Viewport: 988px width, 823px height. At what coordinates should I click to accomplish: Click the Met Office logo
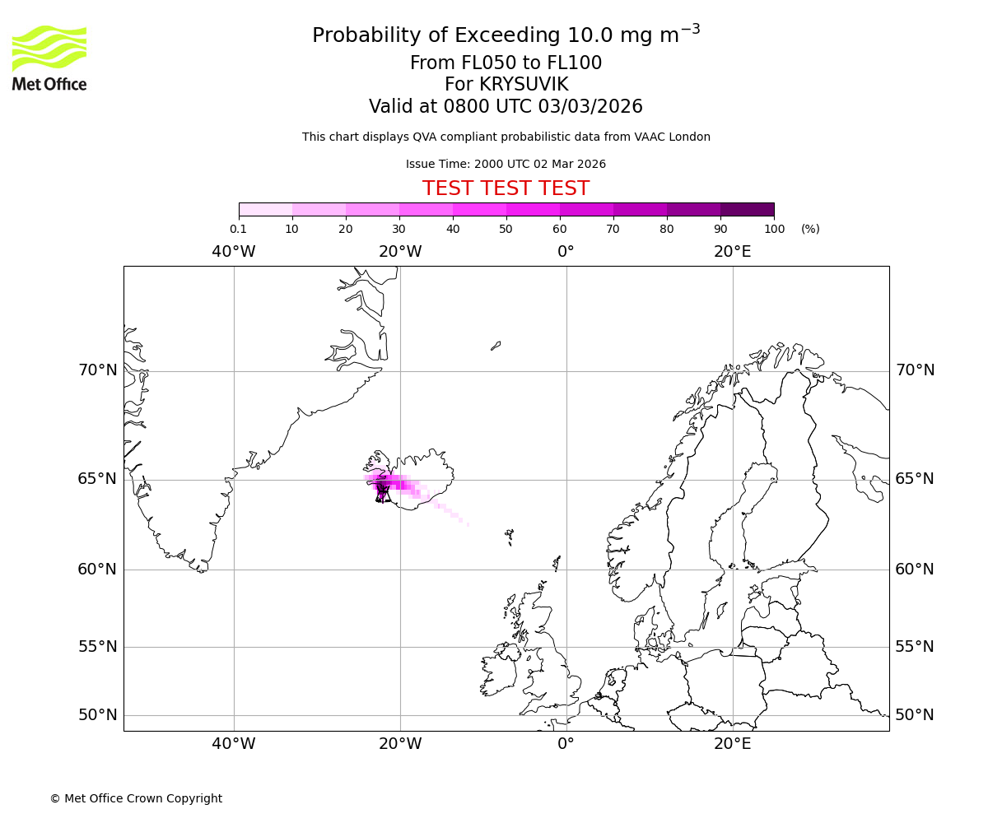click(49, 58)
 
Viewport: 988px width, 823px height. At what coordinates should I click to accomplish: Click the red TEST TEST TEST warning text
click(506, 188)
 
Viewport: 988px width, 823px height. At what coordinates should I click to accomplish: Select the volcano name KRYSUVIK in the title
click(506, 85)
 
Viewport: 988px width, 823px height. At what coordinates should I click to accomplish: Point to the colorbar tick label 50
click(506, 229)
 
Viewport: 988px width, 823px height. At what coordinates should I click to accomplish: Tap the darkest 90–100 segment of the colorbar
click(747, 209)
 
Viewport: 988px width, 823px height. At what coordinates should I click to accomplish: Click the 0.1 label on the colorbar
click(238, 229)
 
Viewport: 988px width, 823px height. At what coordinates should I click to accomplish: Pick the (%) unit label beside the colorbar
click(810, 229)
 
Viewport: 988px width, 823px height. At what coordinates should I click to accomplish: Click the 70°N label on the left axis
click(98, 370)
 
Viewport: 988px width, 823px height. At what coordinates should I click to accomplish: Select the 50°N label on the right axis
click(915, 715)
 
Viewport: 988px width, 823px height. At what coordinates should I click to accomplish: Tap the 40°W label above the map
click(234, 252)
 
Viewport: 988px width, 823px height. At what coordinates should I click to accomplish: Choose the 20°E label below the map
click(733, 744)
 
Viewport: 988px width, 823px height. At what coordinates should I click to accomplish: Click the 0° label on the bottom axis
click(566, 744)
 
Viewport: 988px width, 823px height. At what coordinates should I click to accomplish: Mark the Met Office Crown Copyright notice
click(136, 798)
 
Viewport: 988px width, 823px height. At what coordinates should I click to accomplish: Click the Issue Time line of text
click(506, 164)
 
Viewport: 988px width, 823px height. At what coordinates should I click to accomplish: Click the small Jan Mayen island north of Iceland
click(496, 346)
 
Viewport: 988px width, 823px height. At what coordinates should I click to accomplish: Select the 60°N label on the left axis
click(98, 570)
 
